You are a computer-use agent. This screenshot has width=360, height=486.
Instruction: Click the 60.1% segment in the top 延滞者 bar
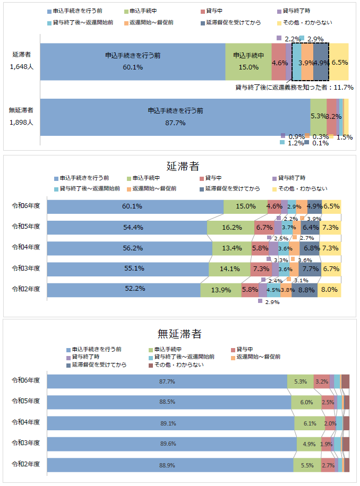click(132, 62)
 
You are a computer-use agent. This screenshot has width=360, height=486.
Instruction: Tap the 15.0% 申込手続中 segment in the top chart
click(248, 62)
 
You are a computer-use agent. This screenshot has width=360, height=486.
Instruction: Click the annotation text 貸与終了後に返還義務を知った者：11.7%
click(294, 87)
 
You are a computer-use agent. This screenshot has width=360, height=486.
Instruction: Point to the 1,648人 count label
click(22, 67)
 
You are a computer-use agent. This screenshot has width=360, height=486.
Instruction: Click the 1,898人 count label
click(22, 122)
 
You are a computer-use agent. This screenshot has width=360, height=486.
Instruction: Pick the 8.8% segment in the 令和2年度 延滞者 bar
click(305, 290)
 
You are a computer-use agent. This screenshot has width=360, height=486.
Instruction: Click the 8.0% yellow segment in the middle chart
click(329, 290)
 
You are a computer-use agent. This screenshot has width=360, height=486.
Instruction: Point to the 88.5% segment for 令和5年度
click(168, 402)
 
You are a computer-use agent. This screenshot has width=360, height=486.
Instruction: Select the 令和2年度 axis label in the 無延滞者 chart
click(26, 464)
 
